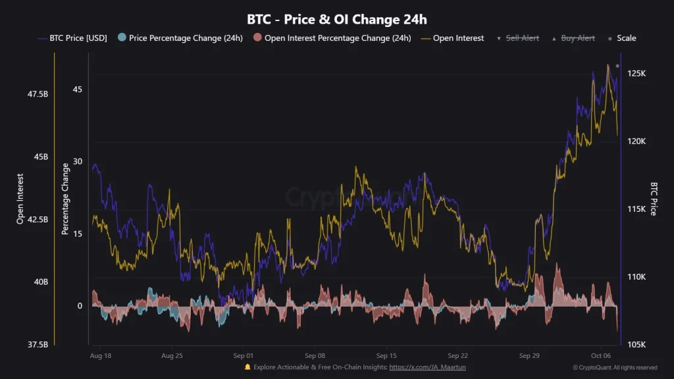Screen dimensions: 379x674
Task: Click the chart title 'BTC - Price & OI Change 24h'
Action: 336,19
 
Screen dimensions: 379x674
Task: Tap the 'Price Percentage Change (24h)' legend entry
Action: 180,38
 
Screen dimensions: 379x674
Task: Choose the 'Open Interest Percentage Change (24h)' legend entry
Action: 332,38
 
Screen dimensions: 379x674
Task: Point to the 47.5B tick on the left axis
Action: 38,94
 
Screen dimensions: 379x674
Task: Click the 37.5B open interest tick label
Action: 38,345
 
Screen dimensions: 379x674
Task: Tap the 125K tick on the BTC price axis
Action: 636,74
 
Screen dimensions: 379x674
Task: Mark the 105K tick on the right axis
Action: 636,345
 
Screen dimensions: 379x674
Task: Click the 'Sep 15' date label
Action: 386,355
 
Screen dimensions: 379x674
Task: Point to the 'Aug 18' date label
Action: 100,355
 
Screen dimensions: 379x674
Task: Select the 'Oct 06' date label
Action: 601,355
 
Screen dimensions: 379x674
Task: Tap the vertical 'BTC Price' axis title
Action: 654,199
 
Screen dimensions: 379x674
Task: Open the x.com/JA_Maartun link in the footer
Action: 427,367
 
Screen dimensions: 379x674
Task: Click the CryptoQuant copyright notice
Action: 615,368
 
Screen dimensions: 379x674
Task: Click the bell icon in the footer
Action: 247,367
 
